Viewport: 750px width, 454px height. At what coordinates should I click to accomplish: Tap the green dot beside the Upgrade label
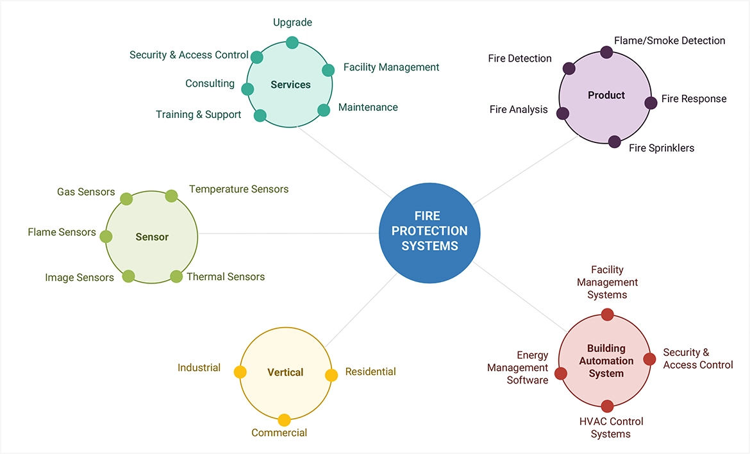[x=292, y=42]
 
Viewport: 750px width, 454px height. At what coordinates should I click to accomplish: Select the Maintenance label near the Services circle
[x=368, y=107]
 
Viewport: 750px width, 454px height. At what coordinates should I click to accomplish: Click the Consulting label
[x=210, y=83]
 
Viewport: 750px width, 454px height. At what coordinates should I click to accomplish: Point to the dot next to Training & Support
[x=260, y=115]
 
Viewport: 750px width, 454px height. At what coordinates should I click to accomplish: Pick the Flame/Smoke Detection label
[x=669, y=40]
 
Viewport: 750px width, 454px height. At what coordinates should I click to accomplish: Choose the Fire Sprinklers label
[x=661, y=148]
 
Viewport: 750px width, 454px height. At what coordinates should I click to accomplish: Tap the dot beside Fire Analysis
[x=563, y=113]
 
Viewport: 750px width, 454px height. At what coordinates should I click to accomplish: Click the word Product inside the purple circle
[x=606, y=95]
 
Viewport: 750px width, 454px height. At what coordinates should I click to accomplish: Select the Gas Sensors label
[x=86, y=192]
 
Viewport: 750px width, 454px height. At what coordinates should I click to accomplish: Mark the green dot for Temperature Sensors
[x=171, y=196]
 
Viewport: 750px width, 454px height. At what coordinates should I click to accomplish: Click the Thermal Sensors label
[x=226, y=277]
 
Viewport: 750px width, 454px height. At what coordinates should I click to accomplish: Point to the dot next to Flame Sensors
[x=106, y=237]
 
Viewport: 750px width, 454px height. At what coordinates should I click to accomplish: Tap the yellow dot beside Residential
[x=331, y=375]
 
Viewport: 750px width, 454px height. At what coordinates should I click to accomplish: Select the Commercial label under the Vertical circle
[x=279, y=433]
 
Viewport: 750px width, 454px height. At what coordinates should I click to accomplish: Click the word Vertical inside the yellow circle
[x=285, y=372]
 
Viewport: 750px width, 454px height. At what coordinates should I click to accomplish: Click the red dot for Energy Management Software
[x=561, y=373]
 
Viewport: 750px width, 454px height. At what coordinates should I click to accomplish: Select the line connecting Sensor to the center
[x=288, y=233]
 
